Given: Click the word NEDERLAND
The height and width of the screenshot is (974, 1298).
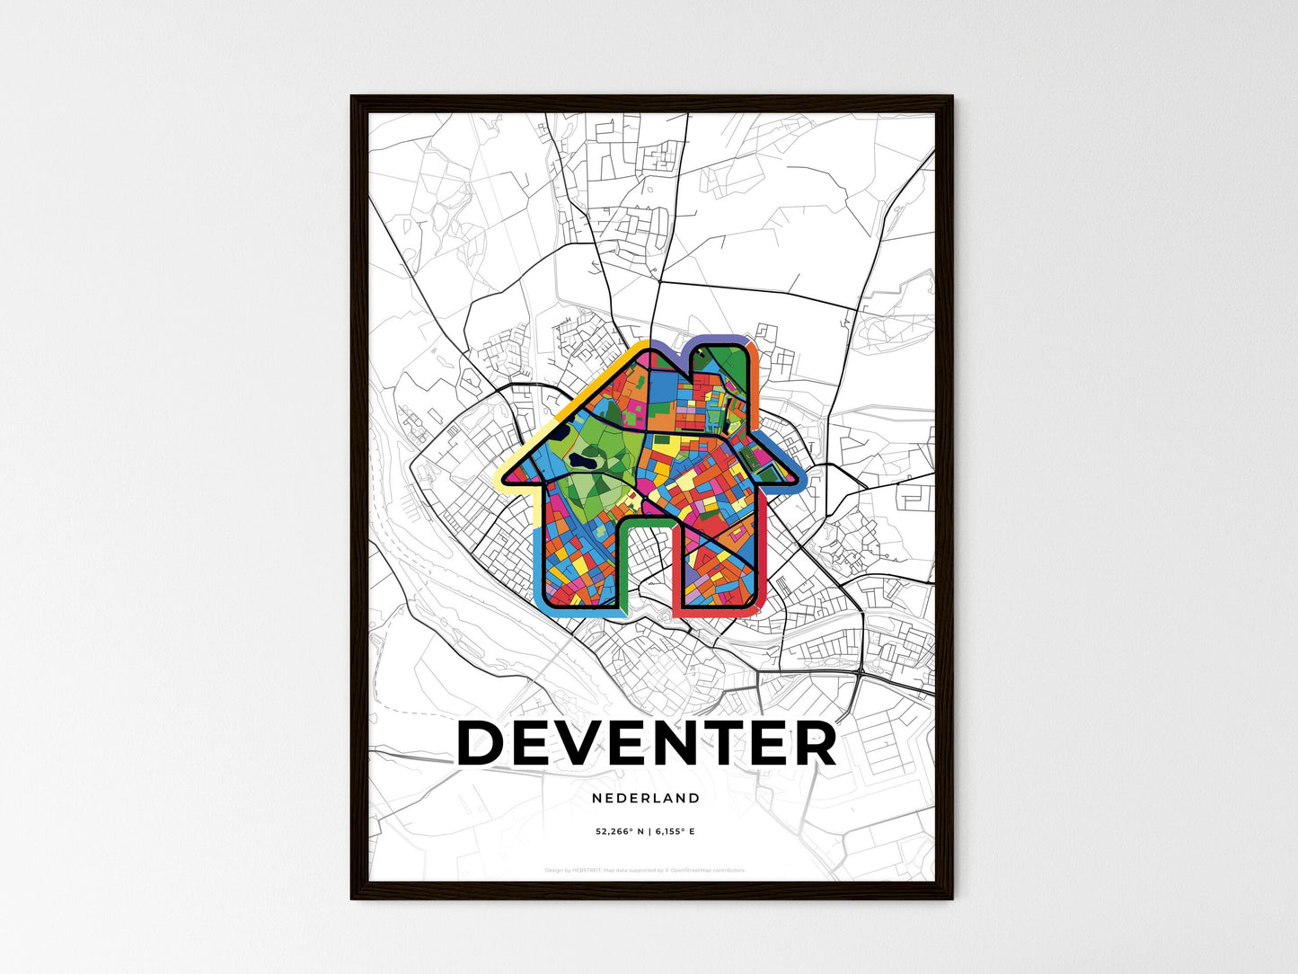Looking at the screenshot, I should (x=646, y=798).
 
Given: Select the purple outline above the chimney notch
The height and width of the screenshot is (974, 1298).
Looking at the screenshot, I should (x=719, y=339).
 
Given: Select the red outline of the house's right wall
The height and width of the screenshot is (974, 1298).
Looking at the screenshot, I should (x=759, y=557).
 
